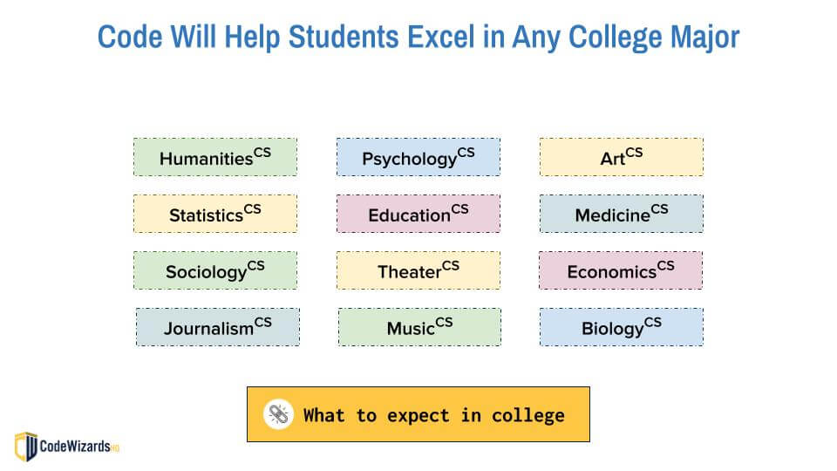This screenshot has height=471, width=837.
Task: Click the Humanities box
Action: pos(214,157)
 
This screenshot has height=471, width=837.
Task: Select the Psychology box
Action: pos(418,157)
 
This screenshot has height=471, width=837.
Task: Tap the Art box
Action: pos(621,157)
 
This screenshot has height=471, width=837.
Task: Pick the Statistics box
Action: pos(214,214)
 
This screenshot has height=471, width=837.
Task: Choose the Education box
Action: pos(418,214)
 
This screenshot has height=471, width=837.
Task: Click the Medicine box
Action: pos(621,214)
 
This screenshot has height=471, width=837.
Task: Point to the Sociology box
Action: pos(214,270)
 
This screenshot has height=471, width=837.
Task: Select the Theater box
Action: pos(418,270)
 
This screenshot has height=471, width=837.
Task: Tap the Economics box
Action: pos(621,270)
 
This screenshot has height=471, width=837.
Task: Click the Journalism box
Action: pos(217,327)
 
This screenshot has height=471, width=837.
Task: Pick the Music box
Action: pos(419,327)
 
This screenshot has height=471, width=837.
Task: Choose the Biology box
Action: pos(621,327)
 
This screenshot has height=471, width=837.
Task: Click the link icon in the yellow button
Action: pos(277,414)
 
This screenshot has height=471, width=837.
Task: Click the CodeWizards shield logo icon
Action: pos(26,446)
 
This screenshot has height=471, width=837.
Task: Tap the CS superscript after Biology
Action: pos(652,323)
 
